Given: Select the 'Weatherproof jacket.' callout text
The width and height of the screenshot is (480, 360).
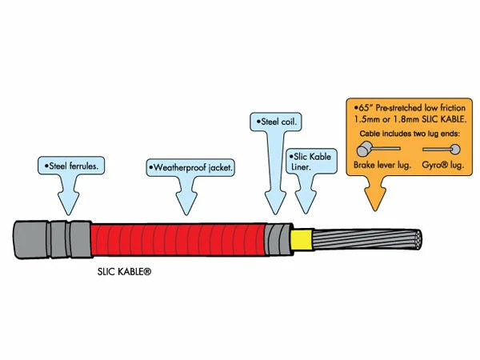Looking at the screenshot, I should [x=189, y=167].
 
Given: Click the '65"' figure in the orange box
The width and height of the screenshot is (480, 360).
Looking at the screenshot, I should [x=359, y=106].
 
